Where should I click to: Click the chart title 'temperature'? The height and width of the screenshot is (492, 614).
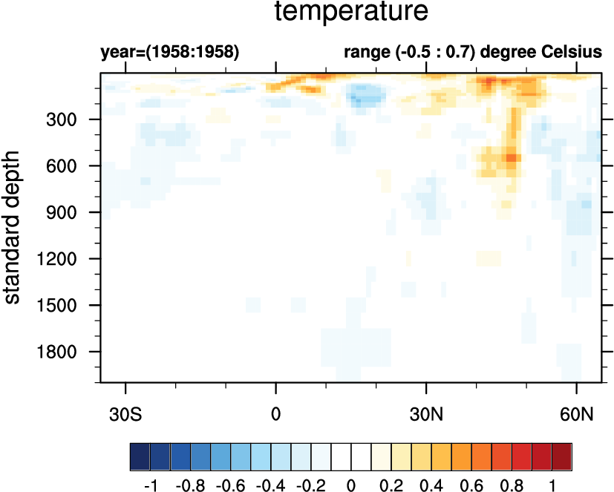(352, 13)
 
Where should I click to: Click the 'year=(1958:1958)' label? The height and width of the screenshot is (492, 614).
(169, 53)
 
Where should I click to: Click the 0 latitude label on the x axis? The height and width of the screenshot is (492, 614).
(276, 412)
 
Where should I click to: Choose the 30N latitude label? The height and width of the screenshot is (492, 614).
(426, 412)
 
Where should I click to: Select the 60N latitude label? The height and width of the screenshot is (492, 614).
(577, 412)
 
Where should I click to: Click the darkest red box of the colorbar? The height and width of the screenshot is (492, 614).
(562, 453)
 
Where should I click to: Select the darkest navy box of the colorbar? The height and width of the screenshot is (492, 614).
(140, 453)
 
